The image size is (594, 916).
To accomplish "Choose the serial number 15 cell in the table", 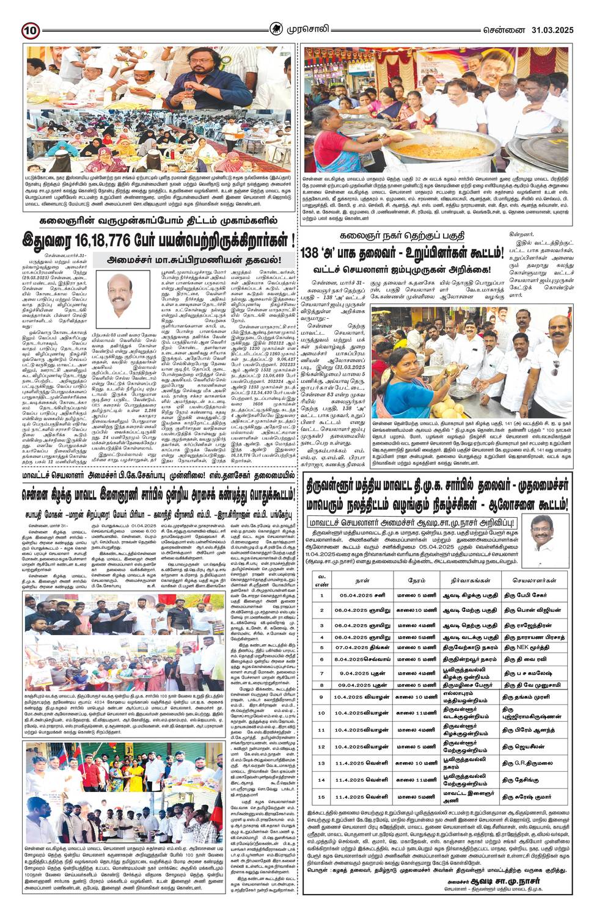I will [321, 797].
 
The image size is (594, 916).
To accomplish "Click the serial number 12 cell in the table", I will [321, 746].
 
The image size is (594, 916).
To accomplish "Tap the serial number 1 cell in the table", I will [321, 595].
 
